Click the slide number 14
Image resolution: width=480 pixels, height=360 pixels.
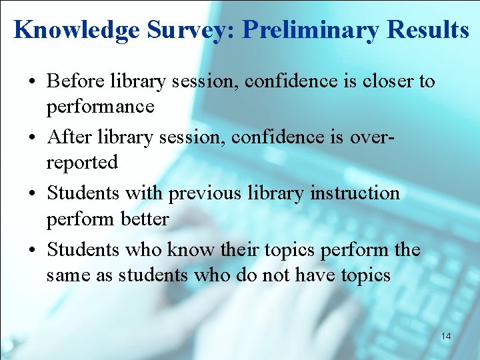[x=445, y=336]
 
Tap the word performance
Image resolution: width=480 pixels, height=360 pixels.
[x=100, y=107]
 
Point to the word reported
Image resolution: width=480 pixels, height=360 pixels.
[x=82, y=162]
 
